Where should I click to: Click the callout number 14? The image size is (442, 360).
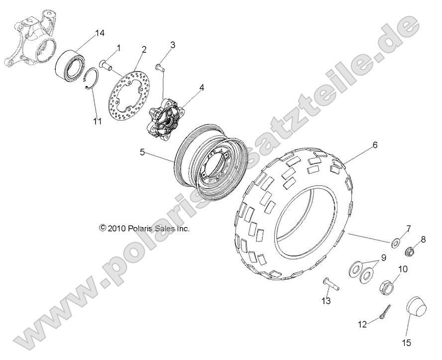pyautogui.click(x=100, y=33)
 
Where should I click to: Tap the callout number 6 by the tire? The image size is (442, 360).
pyautogui.click(x=375, y=145)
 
